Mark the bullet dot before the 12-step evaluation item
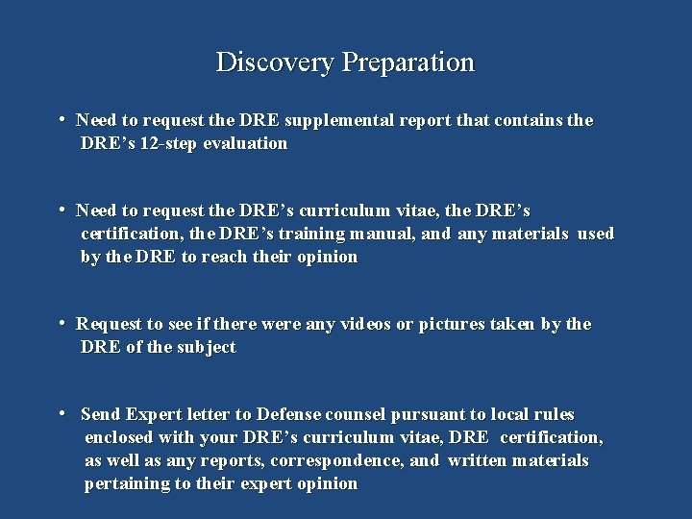pos(61,120)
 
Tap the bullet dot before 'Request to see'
pos(61,324)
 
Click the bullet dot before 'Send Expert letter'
pos(61,414)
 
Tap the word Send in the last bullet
pos(101,415)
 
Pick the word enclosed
pos(120,438)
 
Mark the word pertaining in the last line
pos(126,483)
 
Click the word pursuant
pos(430,415)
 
